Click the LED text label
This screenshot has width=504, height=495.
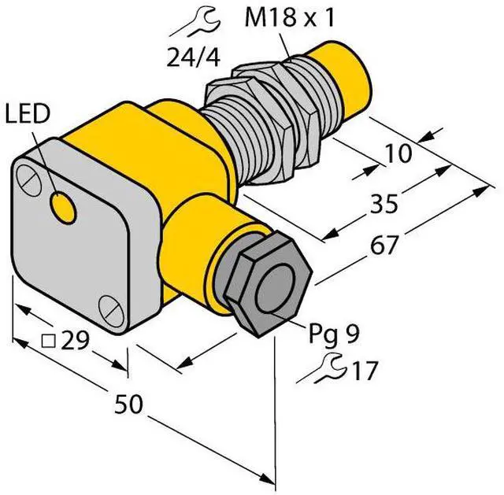tap(28, 114)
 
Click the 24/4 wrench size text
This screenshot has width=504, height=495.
tap(194, 57)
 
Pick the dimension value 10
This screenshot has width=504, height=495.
tap(398, 153)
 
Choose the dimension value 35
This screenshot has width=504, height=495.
tap(384, 203)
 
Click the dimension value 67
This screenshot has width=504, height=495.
tap(384, 245)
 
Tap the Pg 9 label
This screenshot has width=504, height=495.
tap(333, 334)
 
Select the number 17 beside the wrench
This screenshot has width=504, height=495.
tap(365, 371)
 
